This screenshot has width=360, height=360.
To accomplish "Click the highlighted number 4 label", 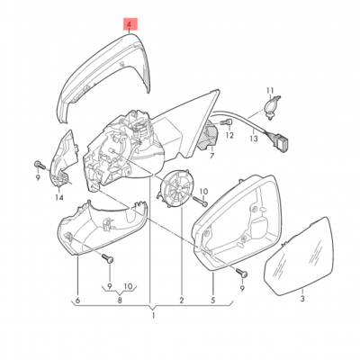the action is (x=130, y=24).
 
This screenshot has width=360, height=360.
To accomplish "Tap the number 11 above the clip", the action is (x=270, y=91).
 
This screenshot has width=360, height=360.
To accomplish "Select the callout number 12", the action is (x=229, y=136).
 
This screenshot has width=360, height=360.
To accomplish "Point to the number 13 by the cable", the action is (x=254, y=139).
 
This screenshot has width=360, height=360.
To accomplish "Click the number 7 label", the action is (x=212, y=156).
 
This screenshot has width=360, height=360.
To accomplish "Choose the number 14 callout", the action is (x=59, y=197).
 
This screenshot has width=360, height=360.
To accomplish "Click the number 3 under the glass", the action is (x=302, y=299).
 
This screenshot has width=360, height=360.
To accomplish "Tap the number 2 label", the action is (x=182, y=300).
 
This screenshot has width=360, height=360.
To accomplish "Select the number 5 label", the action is (x=213, y=300).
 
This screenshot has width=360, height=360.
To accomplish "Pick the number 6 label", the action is (x=78, y=300).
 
